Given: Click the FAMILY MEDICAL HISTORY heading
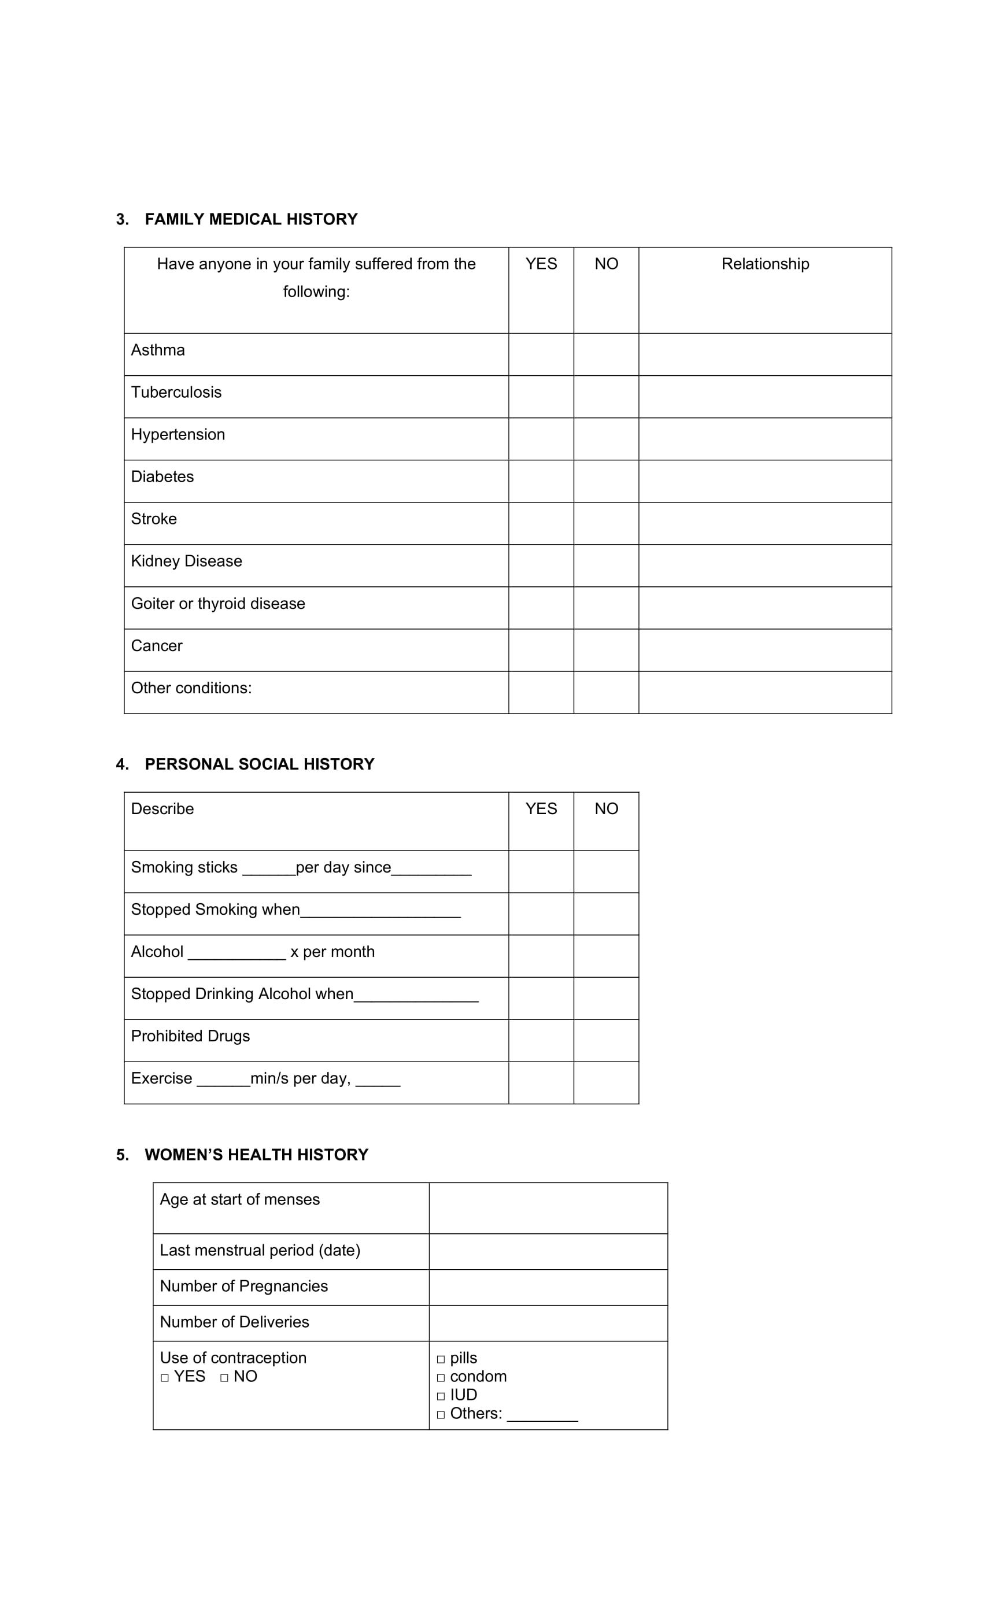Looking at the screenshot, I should tap(250, 220).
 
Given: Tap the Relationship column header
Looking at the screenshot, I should tap(765, 264).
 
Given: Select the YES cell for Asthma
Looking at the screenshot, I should tap(541, 355).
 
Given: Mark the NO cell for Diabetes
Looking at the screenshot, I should tap(606, 482).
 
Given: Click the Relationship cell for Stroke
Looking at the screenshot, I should tap(765, 524).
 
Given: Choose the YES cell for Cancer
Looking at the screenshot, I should tap(541, 650).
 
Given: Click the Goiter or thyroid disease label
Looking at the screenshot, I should tap(218, 604).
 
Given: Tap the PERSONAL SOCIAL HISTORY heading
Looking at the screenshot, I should tap(259, 764).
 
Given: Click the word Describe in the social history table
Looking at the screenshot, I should tap(162, 809).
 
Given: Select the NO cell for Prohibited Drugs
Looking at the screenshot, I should tap(606, 1041).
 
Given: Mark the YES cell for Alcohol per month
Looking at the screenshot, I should tap(541, 956).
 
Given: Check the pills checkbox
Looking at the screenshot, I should tap(441, 1359).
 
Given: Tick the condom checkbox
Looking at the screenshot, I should tap(441, 1378).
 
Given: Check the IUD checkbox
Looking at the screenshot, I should tap(441, 1396).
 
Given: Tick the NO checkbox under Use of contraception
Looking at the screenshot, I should tap(224, 1378).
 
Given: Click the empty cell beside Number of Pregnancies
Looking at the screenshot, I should tap(548, 1287).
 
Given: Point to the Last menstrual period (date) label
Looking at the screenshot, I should tap(260, 1250).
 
